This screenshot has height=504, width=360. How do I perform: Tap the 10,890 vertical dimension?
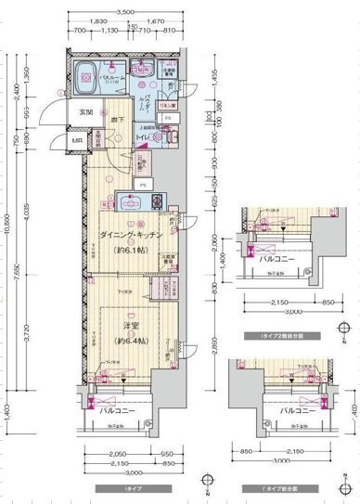click(x=9, y=223)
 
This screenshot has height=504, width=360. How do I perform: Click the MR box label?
click(x=65, y=141)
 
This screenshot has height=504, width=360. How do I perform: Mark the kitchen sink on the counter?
click(x=126, y=201)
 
